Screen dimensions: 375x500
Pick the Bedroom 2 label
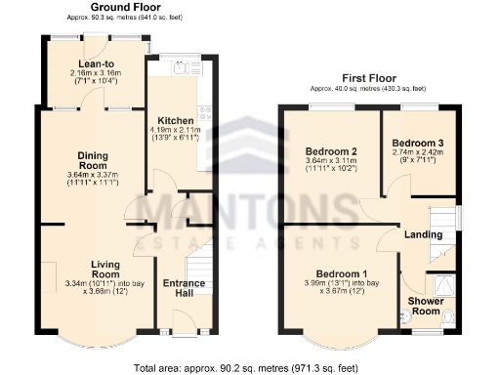click(331, 151)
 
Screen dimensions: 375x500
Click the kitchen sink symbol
click(180, 68)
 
